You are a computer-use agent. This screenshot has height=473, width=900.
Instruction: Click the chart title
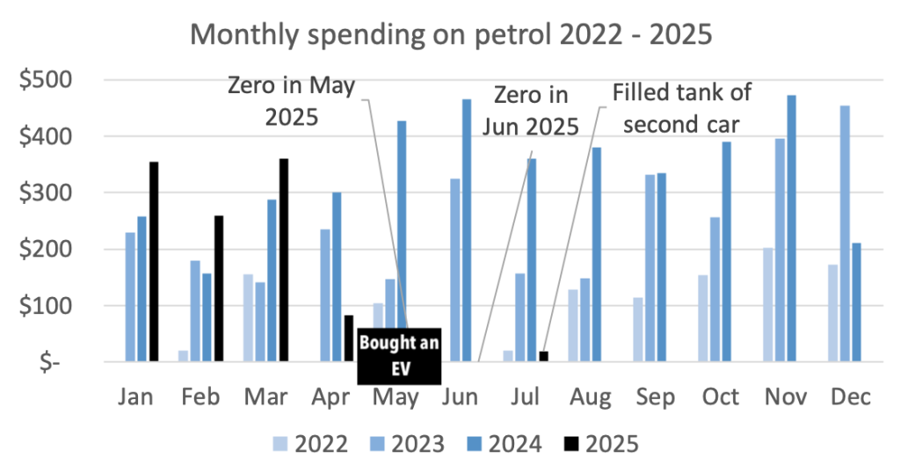(x=450, y=34)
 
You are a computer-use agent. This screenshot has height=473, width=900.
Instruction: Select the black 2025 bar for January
(x=154, y=262)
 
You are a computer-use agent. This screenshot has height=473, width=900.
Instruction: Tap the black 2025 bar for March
(x=283, y=260)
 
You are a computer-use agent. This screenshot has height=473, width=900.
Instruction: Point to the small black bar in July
(x=543, y=356)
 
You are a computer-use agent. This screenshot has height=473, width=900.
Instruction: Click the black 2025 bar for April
(x=348, y=338)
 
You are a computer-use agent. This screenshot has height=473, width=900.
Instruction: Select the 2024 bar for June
(x=467, y=230)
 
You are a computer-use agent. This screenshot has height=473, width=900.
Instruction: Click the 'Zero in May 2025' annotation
(x=291, y=100)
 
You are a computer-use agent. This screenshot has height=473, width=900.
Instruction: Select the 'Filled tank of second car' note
(x=682, y=106)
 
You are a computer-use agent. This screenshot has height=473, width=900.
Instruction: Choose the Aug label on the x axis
(x=591, y=397)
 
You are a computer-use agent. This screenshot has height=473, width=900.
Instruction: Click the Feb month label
(x=201, y=397)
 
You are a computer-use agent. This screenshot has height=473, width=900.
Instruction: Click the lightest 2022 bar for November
(x=768, y=304)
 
